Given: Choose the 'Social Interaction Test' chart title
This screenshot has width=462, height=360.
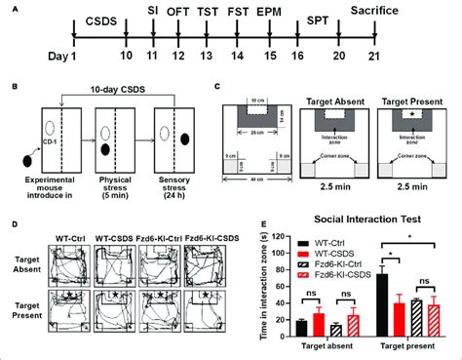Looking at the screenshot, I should pyautogui.click(x=367, y=223).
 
